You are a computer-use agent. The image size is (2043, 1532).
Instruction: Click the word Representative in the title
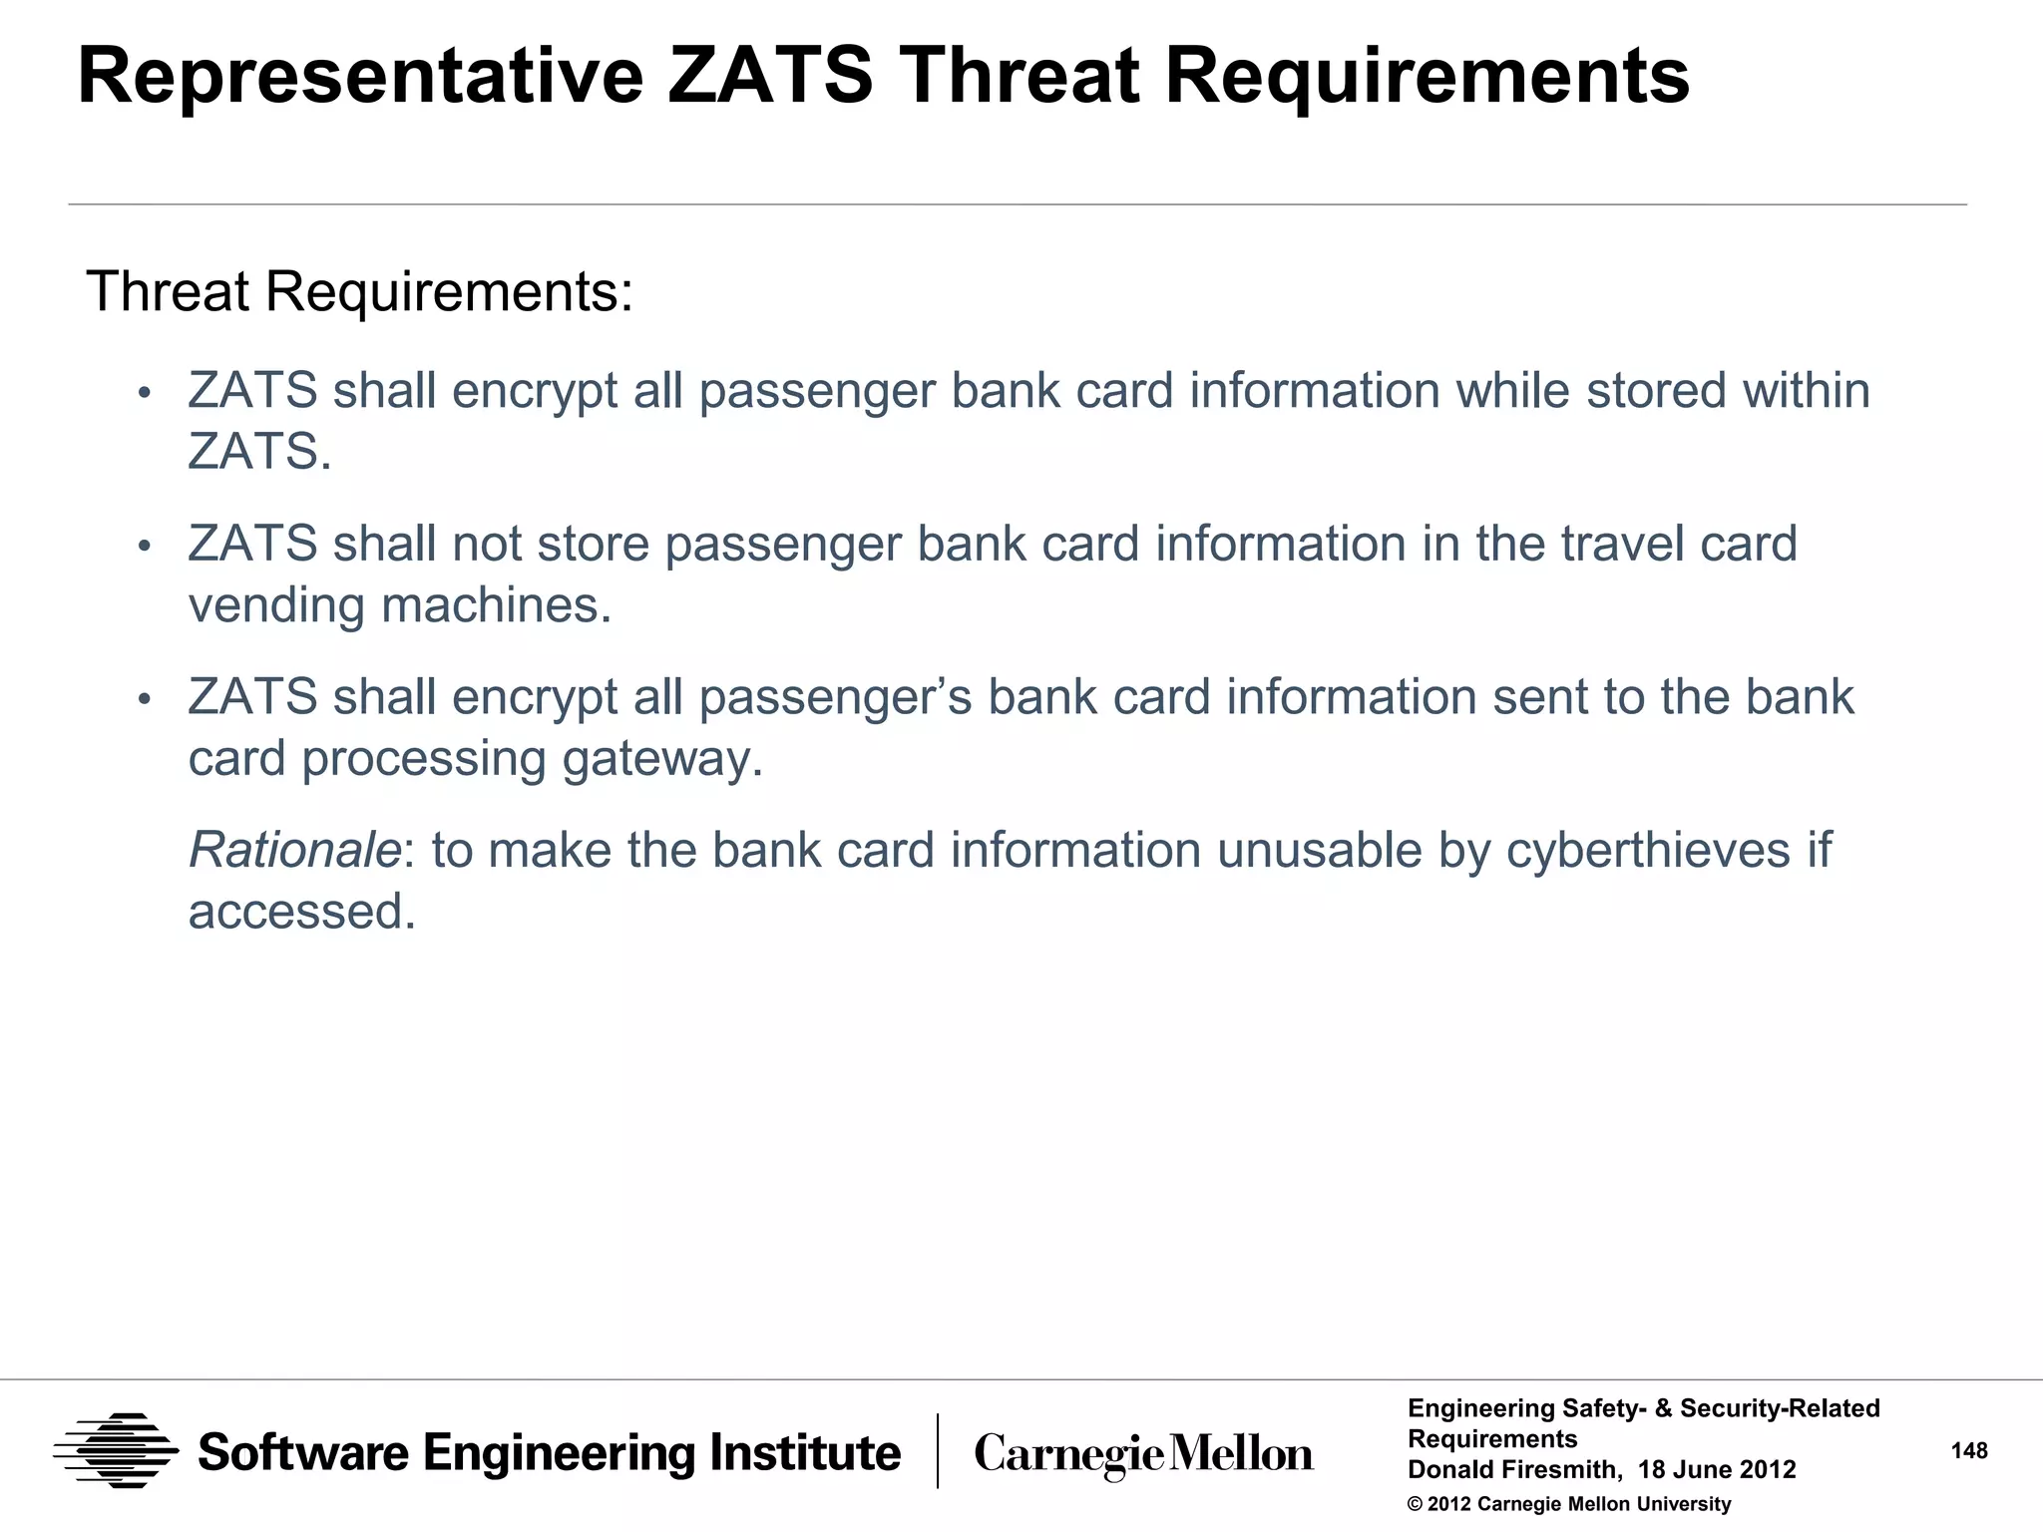point(360,77)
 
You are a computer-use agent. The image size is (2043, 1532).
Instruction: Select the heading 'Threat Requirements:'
point(360,292)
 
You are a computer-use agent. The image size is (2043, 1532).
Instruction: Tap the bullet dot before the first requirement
point(144,392)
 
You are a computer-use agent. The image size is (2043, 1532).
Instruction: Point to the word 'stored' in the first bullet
point(1656,390)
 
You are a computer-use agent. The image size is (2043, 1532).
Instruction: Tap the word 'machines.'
point(497,605)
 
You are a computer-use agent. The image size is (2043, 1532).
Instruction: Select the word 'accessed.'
point(302,912)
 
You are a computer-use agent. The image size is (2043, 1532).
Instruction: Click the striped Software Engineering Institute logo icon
point(116,1451)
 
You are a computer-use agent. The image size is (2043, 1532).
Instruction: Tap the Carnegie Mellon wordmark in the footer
point(1143,1454)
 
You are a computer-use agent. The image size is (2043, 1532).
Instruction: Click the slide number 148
point(1969,1451)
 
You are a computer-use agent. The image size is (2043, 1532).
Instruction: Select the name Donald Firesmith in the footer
point(1512,1470)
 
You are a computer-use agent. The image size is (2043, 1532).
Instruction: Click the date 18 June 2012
point(1717,1470)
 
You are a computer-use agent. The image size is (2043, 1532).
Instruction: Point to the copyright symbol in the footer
point(1415,1505)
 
